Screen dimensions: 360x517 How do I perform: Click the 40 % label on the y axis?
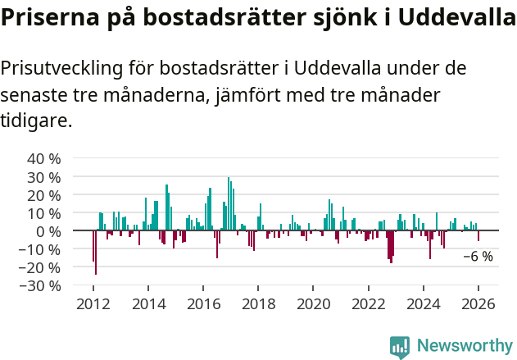[x=44, y=158]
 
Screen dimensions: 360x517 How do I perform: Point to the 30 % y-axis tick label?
[x=44, y=176]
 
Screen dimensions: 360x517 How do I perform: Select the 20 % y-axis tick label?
[x=44, y=194]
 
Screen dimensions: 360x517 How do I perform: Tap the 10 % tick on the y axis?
[x=44, y=212]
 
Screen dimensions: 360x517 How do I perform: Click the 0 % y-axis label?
[x=48, y=231]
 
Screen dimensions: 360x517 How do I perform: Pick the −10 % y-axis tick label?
[x=40, y=249]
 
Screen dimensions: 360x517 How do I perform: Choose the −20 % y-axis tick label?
[x=40, y=267]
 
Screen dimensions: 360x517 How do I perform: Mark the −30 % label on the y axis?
[x=40, y=285]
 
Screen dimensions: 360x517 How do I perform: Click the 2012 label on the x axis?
[x=93, y=304]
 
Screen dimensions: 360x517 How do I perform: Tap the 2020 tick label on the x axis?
[x=313, y=304]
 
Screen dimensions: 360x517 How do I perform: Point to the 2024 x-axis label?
[x=424, y=304]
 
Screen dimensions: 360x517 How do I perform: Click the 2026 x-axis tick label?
[x=478, y=304]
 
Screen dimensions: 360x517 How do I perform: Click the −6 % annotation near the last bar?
[x=478, y=257]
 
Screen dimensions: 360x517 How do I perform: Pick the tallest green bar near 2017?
[x=229, y=204]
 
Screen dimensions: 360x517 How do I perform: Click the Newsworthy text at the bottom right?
[x=465, y=345]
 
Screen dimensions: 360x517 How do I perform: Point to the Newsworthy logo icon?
[x=400, y=347]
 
